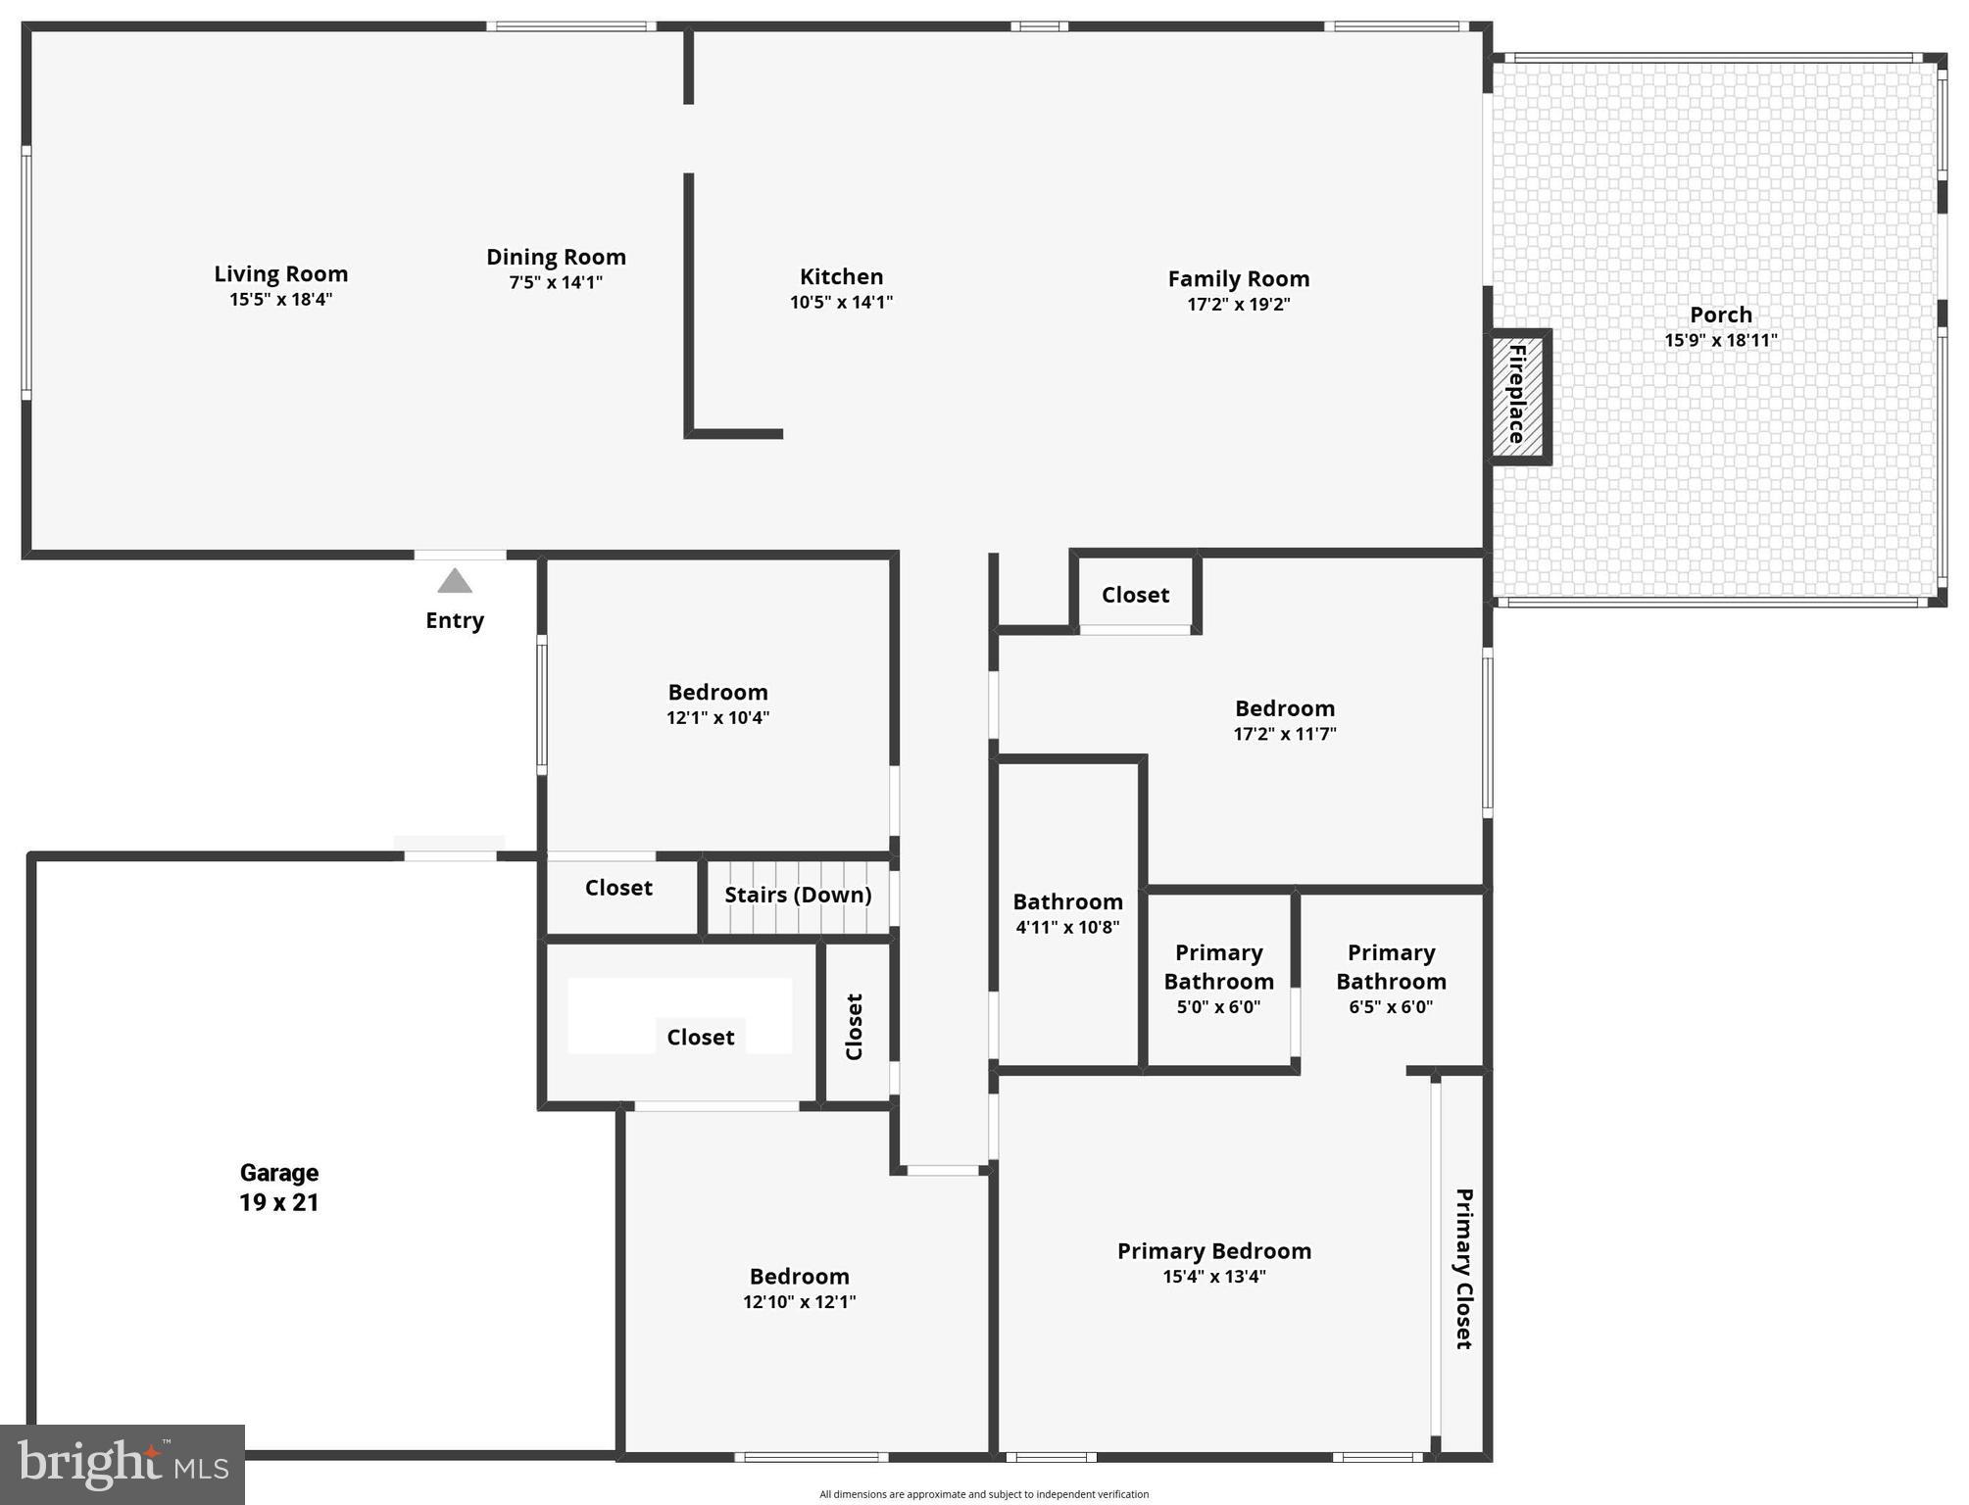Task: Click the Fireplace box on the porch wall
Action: pyautogui.click(x=1517, y=395)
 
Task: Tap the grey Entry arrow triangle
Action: pyautogui.click(x=455, y=582)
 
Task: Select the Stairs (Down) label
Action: pyautogui.click(x=798, y=895)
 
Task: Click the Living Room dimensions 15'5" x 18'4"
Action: pyautogui.click(x=281, y=300)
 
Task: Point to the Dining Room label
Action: pyautogui.click(x=556, y=257)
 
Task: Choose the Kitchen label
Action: pyautogui.click(x=841, y=277)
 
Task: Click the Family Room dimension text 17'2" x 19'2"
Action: pyautogui.click(x=1238, y=305)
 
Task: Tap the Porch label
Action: pyautogui.click(x=1720, y=316)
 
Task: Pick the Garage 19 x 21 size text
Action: pyautogui.click(x=279, y=1202)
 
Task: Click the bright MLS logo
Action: pyautogui.click(x=123, y=1464)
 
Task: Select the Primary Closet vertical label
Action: pyautogui.click(x=1463, y=1269)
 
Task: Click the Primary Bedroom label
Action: pyautogui.click(x=1213, y=1251)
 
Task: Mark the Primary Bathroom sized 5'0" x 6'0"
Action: pyautogui.click(x=1218, y=979)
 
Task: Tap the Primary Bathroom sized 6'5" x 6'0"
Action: pyautogui.click(x=1391, y=979)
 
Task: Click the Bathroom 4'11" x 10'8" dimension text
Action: pyautogui.click(x=1067, y=928)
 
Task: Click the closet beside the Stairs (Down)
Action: pyautogui.click(x=618, y=888)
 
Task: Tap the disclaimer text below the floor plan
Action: pyautogui.click(x=984, y=1494)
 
